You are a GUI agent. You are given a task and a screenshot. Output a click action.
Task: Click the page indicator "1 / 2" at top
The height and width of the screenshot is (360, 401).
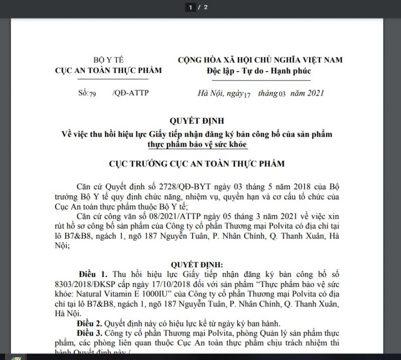(198, 7)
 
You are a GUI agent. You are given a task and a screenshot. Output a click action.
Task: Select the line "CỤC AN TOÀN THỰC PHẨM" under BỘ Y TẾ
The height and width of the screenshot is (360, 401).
(108, 71)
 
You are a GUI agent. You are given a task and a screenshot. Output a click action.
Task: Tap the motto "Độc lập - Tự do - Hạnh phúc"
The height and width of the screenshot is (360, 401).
(259, 71)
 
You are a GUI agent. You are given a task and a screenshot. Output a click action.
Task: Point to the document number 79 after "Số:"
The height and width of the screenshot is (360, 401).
(93, 94)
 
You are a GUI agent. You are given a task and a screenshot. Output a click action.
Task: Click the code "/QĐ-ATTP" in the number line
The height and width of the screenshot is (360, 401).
(131, 93)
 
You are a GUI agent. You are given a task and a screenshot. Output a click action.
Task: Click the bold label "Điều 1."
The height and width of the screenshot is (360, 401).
(93, 275)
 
